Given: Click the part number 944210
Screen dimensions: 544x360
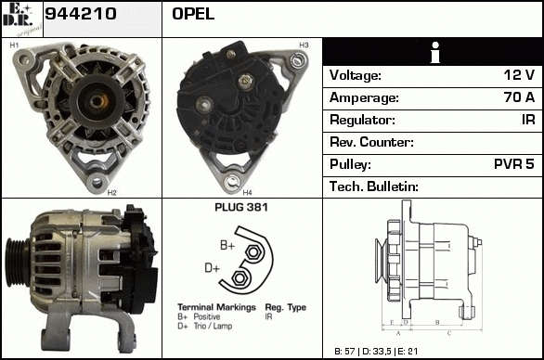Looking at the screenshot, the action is pos(81,14).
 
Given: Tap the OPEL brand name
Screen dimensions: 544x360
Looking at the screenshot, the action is pos(193,14).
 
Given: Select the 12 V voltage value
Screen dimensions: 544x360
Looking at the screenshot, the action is pos(519,75).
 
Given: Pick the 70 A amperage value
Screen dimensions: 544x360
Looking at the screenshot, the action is pos(519,97).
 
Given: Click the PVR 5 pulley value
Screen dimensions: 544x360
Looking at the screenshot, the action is pos(514,164).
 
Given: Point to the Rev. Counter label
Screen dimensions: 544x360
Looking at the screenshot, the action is pos(371,142).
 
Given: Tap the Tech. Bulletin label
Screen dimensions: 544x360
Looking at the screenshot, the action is pos(374,186).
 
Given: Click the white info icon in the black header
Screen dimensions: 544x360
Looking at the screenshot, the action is pos(435,52).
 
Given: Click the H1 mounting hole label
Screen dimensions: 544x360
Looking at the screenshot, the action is pos(14,45).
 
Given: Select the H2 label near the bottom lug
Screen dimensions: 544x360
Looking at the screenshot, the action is pos(111,193).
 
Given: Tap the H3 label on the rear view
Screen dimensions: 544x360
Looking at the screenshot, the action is pos(304,45).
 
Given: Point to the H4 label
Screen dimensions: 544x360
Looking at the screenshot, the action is pos(247,193).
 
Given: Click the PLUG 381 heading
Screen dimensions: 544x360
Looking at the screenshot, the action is pos(241,208).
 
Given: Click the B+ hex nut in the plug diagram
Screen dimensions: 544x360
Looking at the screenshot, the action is pos(253,251).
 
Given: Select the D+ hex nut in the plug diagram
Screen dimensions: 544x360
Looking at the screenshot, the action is pos(239,277).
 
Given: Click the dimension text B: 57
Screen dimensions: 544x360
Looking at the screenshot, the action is pos(344,352).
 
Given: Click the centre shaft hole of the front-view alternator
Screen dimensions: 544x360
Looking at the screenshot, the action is pos(97,102).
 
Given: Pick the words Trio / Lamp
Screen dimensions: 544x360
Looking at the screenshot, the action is pos(213,326).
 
